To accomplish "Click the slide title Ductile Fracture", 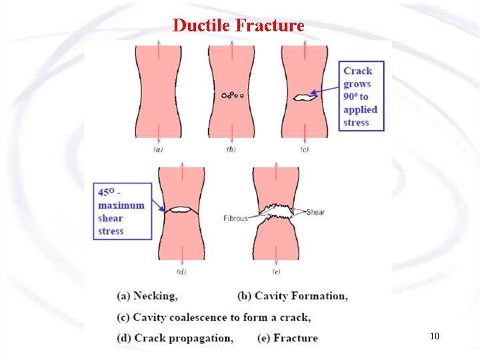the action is point(238,25).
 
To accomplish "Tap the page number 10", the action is point(435,336).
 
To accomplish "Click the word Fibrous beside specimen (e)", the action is point(236,217).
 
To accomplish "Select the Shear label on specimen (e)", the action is point(315,212).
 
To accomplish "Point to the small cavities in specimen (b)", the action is point(232,95).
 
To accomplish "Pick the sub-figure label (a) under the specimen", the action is point(158,150).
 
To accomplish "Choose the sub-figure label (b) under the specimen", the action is point(231,150).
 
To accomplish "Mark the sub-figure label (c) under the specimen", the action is point(304,150).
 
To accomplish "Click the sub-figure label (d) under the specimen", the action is point(181,271).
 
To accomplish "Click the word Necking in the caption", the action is point(155,295).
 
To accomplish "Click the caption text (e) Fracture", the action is point(287,338).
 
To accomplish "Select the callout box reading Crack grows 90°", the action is point(361,96).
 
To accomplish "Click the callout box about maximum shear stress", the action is point(121,211).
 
